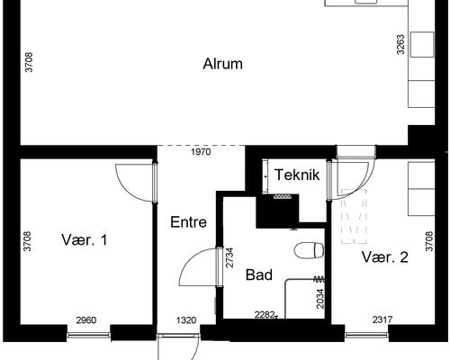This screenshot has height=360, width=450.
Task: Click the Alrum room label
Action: click(222, 64)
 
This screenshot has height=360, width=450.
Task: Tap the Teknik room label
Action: click(297, 174)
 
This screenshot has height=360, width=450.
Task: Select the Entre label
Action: click(188, 221)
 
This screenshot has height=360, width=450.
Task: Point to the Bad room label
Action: click(259, 274)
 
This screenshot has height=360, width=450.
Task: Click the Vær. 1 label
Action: click(85, 240)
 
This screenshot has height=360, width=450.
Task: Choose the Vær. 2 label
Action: click(385, 257)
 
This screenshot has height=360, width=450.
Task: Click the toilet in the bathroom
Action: click(309, 247)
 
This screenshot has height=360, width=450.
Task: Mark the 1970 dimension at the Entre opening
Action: click(201, 153)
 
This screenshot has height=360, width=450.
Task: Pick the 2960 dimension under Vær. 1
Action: click(86, 320)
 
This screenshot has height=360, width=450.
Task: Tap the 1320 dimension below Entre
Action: click(186, 320)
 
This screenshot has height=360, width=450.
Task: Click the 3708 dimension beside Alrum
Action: click(30, 63)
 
